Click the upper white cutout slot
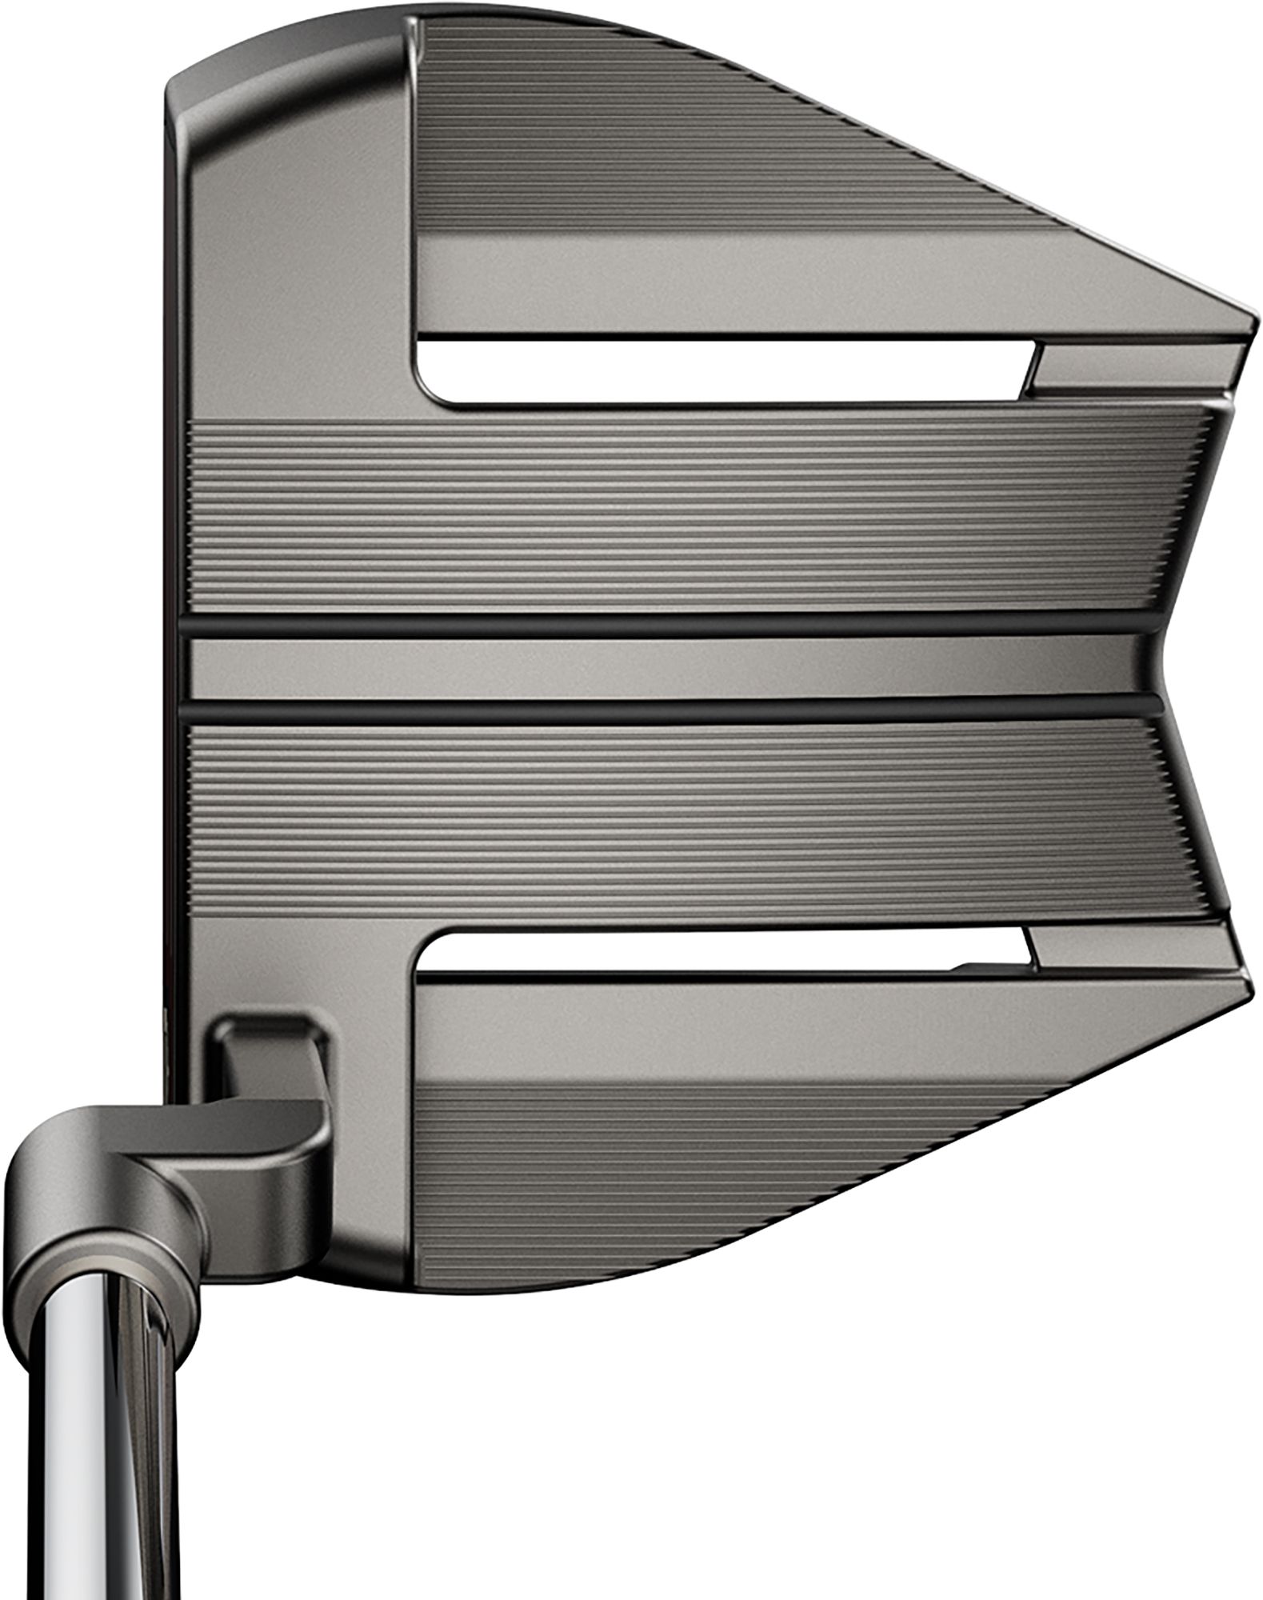[720, 372]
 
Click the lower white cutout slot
[720, 952]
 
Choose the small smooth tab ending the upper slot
[1120, 368]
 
